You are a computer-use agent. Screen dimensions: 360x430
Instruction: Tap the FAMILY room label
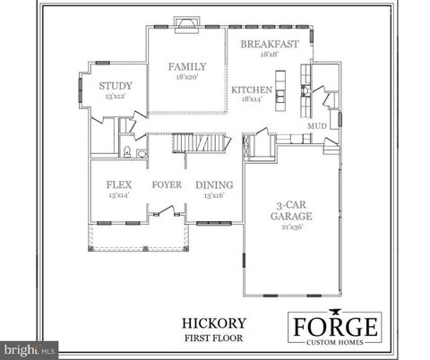188,66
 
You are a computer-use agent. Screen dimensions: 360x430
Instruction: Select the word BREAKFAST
269,43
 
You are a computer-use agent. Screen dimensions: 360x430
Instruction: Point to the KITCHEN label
252,90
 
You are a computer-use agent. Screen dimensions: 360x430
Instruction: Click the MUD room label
317,126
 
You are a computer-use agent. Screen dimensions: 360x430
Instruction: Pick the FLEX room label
119,184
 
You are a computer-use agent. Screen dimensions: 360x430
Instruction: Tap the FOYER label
167,184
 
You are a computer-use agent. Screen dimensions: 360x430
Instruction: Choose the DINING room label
214,184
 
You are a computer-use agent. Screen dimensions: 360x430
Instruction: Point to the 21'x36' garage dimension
292,227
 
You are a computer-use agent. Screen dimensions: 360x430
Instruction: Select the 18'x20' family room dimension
188,77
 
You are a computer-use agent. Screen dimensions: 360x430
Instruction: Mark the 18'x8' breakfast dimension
269,54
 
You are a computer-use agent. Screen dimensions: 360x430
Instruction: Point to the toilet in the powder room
128,153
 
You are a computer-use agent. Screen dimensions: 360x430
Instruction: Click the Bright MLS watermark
30,347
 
